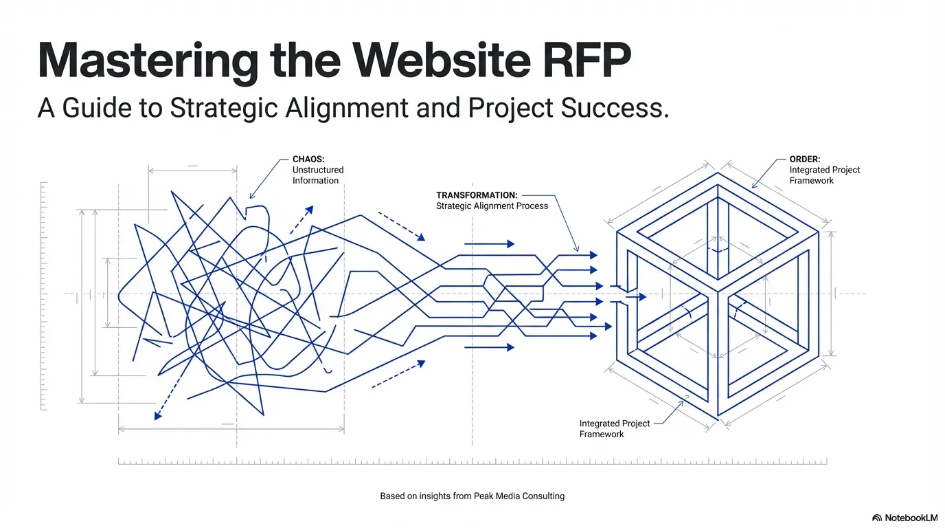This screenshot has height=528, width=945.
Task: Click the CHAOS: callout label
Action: (308, 159)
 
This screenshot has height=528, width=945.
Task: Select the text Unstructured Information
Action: (318, 175)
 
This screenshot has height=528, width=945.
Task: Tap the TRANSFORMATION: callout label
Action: (477, 195)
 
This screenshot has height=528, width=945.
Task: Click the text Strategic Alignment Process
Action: (492, 206)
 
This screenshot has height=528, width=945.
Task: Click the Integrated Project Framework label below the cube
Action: (615, 429)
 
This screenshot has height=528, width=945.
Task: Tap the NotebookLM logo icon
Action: (877, 518)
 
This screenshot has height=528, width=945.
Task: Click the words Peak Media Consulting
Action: (519, 496)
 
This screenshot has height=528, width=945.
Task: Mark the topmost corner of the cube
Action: (718, 173)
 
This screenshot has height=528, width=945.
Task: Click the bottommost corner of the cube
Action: (718, 416)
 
